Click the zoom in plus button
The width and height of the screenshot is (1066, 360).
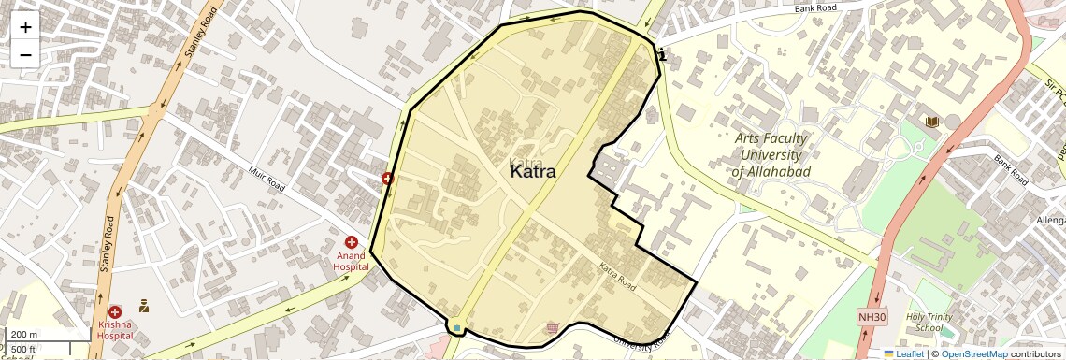25,27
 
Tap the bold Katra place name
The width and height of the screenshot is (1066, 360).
533,172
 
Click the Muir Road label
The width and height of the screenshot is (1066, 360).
266,179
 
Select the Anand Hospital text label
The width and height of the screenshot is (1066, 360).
352,261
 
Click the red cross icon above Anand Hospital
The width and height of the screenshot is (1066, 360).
352,242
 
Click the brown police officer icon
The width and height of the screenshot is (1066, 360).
144,305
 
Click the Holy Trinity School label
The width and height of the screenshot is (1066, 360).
929,322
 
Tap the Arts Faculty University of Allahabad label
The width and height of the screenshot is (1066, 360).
770,154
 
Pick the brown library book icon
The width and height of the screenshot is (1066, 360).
931,122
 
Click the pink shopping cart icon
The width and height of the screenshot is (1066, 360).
554,327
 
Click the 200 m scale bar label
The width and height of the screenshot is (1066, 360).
24,335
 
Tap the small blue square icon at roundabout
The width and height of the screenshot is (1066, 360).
456,327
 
